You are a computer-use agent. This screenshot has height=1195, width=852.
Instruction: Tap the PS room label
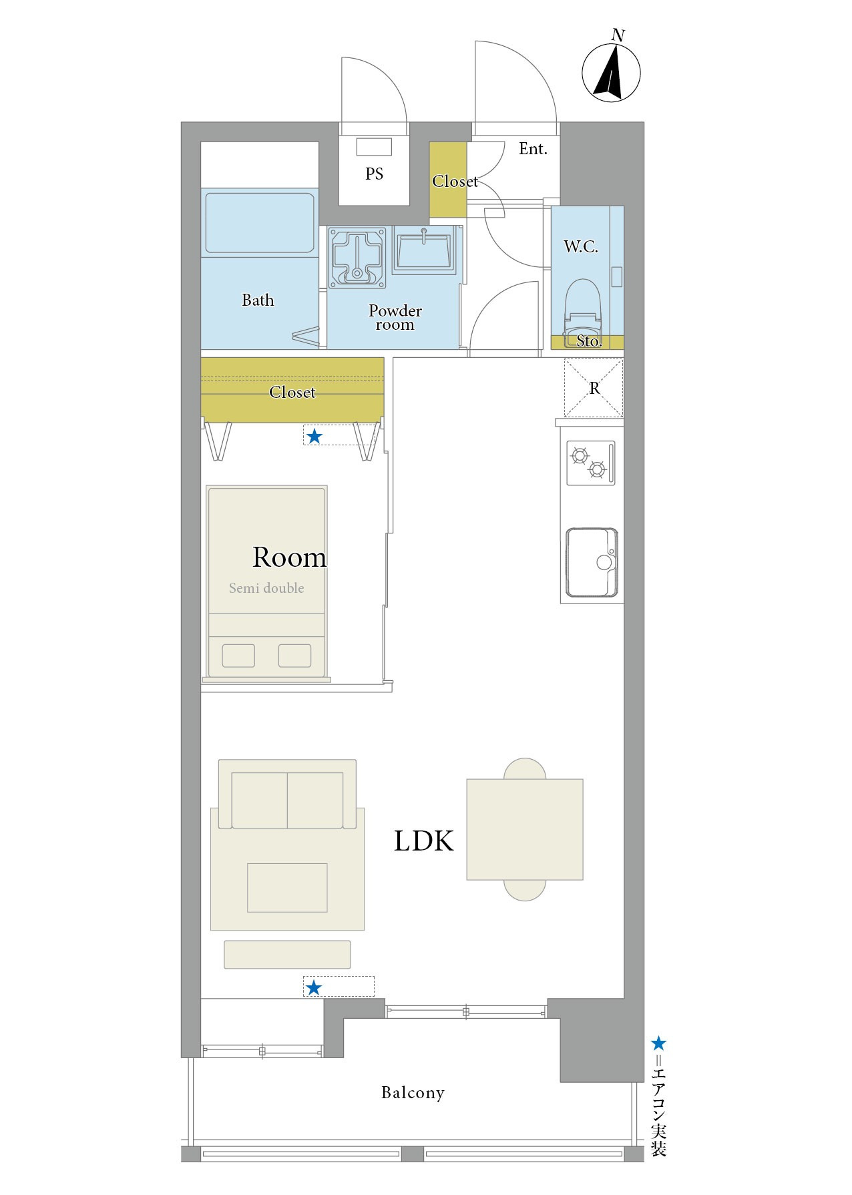[x=374, y=174]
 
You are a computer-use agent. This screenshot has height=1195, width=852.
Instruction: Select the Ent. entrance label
[x=533, y=149]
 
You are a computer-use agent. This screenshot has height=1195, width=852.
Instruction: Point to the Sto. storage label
[x=589, y=341]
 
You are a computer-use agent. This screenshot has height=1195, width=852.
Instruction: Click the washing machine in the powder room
[x=358, y=258]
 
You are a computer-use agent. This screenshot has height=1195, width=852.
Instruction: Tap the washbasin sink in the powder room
[x=424, y=250]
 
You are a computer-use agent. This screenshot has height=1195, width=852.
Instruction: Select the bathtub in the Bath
[x=260, y=222]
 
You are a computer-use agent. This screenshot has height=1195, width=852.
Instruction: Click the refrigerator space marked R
[x=594, y=388]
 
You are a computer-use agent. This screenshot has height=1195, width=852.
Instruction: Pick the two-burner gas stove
[x=590, y=463]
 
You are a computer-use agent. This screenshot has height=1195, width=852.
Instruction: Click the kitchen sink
[x=592, y=562]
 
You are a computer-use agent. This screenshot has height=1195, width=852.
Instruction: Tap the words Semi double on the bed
[x=266, y=588]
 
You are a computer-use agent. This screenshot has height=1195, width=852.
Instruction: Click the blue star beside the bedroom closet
[x=314, y=437]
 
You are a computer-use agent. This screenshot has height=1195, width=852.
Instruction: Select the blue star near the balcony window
[x=313, y=987]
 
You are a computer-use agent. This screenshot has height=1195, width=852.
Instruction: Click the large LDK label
[x=423, y=841]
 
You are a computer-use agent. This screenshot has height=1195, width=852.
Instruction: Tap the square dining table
[x=525, y=829]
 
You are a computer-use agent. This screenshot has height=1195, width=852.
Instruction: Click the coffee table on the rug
[x=287, y=888]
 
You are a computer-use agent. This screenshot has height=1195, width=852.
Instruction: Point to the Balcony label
[x=413, y=1093]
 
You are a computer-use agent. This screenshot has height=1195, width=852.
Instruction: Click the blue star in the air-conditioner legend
[x=658, y=1043]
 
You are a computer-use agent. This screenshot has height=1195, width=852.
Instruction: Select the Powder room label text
[x=395, y=318]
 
